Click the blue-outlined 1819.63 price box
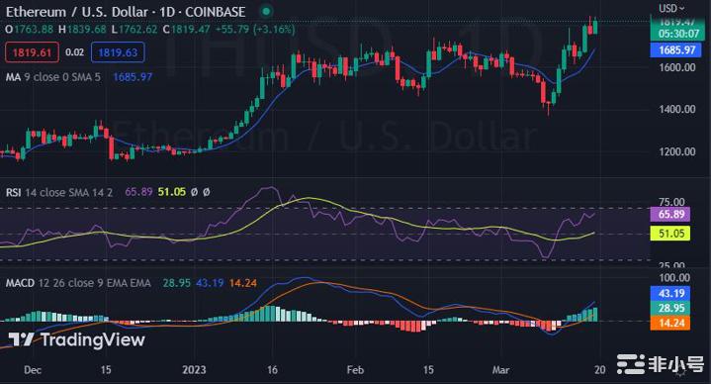pos(116,51)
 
